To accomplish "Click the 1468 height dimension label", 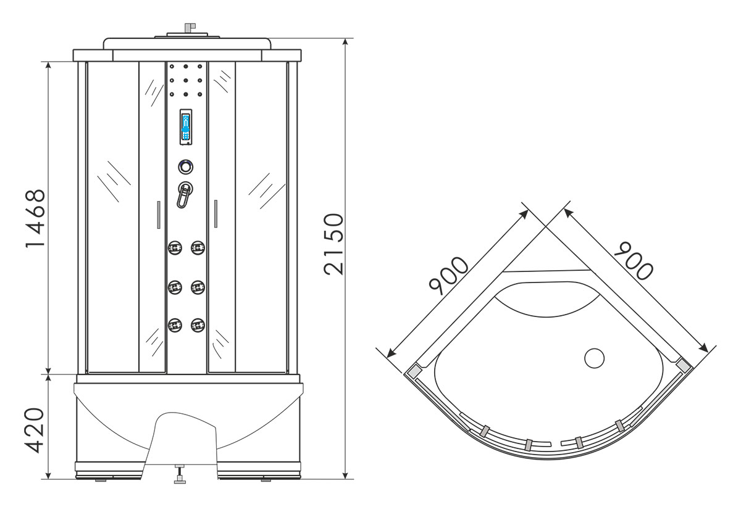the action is point(35,218).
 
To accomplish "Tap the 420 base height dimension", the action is point(35,431).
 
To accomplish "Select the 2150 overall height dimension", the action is point(334,244).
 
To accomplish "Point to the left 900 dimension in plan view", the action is point(448,276).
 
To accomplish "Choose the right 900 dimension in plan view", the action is point(634,261).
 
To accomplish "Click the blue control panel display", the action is point(186,127).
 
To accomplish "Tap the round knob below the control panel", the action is point(186,167).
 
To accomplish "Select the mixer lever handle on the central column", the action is point(185,195).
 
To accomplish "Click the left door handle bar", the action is point(159,215).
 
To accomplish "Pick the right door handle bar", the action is point(216,213).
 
